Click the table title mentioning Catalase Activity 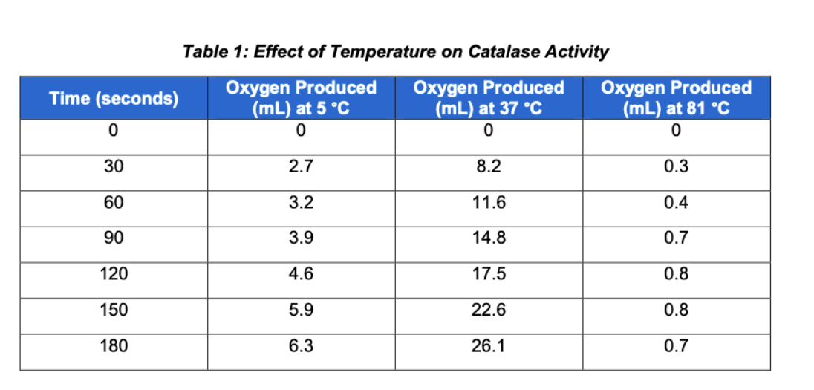[x=395, y=52]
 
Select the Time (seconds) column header [x=114, y=98]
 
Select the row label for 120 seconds [x=114, y=274]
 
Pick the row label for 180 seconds [x=114, y=345]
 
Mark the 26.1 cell [x=489, y=345]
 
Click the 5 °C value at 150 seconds [x=301, y=310]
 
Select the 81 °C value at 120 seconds [x=676, y=274]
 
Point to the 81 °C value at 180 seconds [x=676, y=345]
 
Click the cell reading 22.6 [x=489, y=310]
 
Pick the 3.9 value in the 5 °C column [x=301, y=238]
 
